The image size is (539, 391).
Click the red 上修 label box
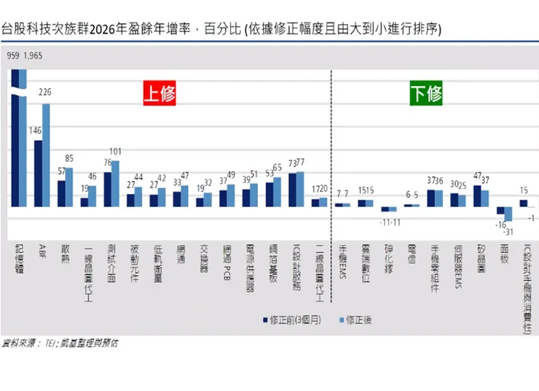click(x=159, y=94)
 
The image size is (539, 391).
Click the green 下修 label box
click(x=426, y=95)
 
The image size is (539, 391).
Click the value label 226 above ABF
click(x=44, y=92)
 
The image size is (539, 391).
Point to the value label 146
click(x=35, y=130)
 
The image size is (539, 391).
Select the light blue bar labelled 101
click(x=114, y=182)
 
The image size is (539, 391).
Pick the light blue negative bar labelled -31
click(x=508, y=214)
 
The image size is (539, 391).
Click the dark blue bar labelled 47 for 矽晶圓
click(x=477, y=195)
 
